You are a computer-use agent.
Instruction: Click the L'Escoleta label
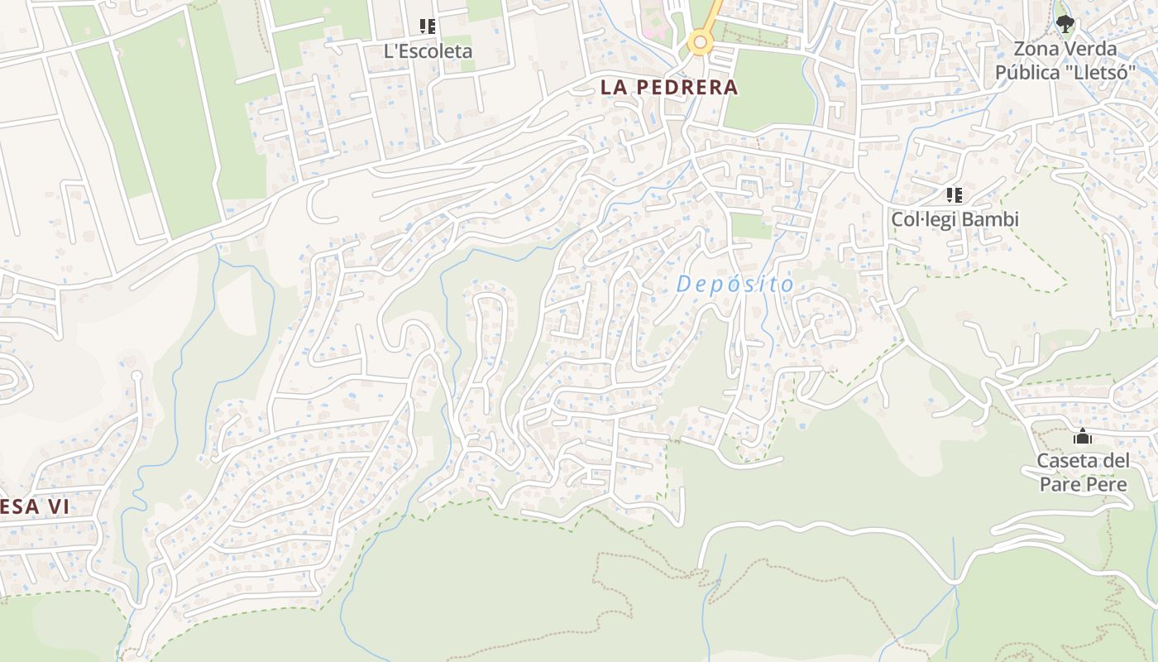pos(428,51)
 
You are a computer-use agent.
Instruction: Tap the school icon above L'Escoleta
pos(427,26)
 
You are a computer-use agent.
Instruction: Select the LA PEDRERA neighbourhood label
pos(668,87)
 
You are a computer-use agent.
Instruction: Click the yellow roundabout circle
pos(701,41)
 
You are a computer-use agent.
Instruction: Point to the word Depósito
pos(735,285)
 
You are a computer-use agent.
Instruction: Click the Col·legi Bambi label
pos(955,219)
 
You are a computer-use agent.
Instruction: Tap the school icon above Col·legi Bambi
pos(955,195)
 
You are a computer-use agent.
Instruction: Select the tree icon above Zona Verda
pos(1065,24)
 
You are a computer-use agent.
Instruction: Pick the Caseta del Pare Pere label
pos(1083,473)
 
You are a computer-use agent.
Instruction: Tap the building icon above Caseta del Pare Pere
pos(1083,437)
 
